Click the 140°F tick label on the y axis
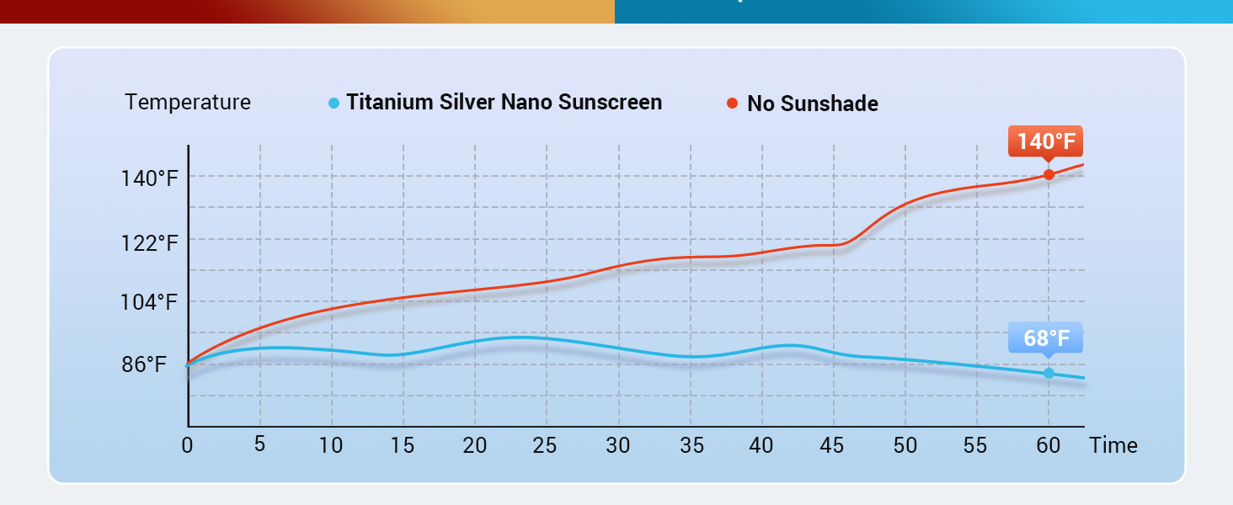click(150, 178)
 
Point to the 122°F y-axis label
click(150, 243)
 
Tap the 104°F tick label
click(150, 302)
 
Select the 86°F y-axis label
click(144, 364)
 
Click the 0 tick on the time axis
click(187, 445)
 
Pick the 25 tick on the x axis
click(545, 445)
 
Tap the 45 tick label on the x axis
click(832, 445)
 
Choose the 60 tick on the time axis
click(1048, 445)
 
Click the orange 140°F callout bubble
click(1045, 141)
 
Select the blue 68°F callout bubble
click(1046, 338)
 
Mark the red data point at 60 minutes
click(1049, 175)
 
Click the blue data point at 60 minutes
click(1049, 373)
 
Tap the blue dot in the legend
click(334, 104)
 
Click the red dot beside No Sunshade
click(732, 104)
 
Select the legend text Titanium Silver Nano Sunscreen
click(504, 103)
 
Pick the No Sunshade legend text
click(812, 104)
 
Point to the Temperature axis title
click(188, 103)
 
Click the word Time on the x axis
click(1113, 445)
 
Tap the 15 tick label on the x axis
click(403, 445)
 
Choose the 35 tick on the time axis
click(691, 445)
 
